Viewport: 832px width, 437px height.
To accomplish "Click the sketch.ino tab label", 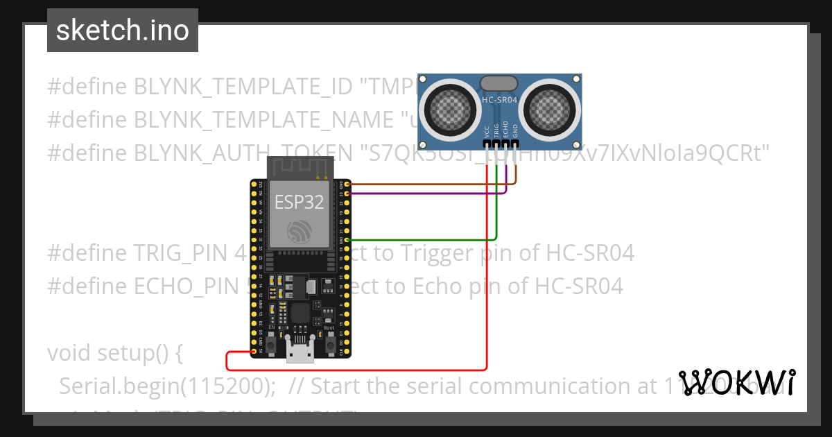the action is (x=122, y=31).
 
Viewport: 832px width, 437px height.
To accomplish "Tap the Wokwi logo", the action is (x=736, y=382).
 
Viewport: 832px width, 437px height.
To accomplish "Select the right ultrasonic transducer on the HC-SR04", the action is (x=551, y=108).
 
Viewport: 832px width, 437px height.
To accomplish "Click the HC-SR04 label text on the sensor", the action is (x=500, y=101).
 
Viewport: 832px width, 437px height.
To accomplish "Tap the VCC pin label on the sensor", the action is (x=487, y=131).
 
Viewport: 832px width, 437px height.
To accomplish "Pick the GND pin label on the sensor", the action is (x=515, y=131).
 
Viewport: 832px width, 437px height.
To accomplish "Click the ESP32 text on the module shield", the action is (x=299, y=202).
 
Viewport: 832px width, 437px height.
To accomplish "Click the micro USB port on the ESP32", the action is (x=300, y=354).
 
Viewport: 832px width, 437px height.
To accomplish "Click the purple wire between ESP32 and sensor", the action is (x=430, y=194).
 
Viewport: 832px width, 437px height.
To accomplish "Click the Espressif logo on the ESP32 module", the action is (x=299, y=231).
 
